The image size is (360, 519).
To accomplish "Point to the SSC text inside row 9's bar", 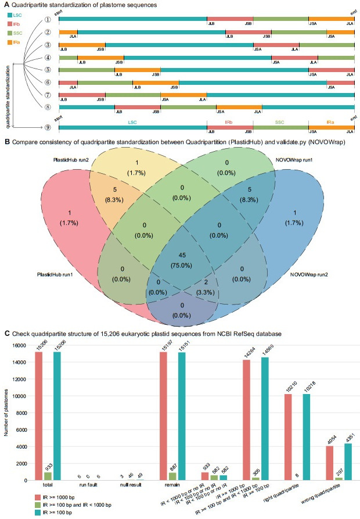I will click(x=280, y=123).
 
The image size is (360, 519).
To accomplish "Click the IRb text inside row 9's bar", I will click(x=230, y=123).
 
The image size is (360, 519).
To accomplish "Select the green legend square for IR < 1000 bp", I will click(x=8, y=504).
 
